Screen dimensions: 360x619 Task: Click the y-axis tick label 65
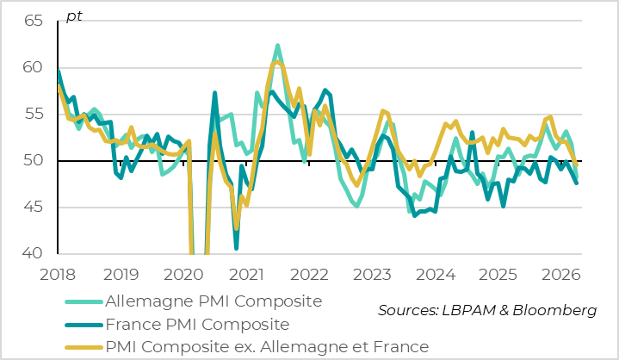point(33,21)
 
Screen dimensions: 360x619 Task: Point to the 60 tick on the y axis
point(33,67)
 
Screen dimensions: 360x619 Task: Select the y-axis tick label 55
point(33,114)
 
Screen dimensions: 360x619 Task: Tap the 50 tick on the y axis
point(33,160)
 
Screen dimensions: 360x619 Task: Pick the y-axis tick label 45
point(33,207)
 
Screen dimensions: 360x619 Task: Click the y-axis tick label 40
point(33,253)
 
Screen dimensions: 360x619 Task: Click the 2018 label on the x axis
point(58,275)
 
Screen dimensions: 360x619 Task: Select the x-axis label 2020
point(183,275)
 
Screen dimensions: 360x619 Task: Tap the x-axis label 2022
point(309,275)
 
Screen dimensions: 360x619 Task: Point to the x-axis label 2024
point(435,275)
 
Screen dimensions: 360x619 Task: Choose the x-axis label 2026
point(560,275)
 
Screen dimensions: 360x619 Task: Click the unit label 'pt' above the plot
point(74,18)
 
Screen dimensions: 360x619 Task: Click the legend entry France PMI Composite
point(195,325)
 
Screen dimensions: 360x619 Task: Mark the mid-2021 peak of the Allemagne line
point(277,46)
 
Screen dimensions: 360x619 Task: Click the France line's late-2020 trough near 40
point(236,248)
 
